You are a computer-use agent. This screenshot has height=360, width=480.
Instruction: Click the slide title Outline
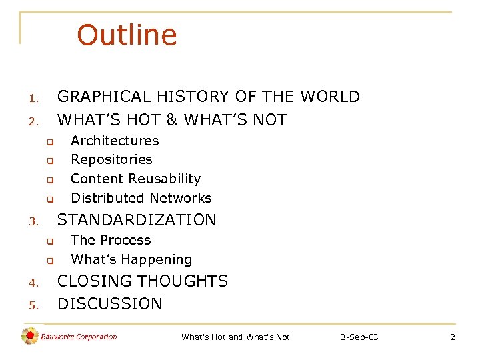pos(127,35)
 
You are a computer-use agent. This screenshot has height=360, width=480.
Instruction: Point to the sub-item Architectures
pos(115,141)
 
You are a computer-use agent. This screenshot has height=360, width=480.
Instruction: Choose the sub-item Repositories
pos(111,159)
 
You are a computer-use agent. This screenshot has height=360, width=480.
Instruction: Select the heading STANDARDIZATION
pos(137,220)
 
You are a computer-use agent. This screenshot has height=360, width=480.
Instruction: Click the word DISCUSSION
pos(110,304)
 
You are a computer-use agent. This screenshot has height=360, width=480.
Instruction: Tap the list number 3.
pos(33,221)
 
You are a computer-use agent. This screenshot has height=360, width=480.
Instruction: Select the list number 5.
pos(33,306)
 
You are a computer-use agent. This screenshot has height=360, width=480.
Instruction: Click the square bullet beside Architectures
pos(49,142)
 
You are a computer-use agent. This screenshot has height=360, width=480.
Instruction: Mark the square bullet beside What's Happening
pos(49,261)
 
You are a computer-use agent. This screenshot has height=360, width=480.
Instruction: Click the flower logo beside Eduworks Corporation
pos(29,337)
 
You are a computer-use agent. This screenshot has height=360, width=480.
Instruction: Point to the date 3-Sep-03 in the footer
pos(359,337)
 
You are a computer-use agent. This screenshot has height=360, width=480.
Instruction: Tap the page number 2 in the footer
pos(452,337)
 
